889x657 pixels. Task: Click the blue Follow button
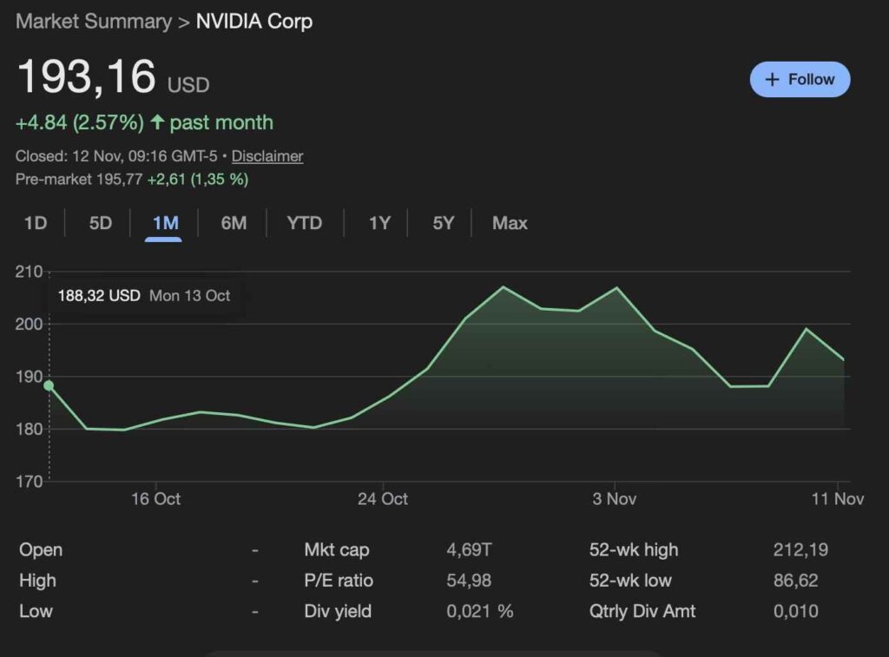(800, 79)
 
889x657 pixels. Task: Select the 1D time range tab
(35, 223)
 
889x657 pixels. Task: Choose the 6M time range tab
(234, 223)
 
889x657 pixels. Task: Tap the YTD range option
(304, 223)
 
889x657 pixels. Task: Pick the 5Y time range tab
(443, 223)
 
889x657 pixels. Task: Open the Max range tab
(510, 223)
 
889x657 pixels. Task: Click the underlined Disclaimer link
(267, 156)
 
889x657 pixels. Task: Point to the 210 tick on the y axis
(29, 272)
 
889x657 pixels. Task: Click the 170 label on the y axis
(29, 481)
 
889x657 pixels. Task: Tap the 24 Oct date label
(383, 499)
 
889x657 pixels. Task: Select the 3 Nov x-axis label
(615, 499)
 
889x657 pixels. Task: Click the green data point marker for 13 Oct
(49, 385)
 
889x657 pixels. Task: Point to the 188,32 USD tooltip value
(99, 296)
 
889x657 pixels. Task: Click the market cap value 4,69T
(469, 549)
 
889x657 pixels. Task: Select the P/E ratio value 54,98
(469, 581)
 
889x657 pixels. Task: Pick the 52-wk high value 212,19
(800, 549)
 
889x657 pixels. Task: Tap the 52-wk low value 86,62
(795, 581)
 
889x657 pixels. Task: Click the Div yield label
(338, 611)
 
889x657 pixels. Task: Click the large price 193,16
(87, 77)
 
